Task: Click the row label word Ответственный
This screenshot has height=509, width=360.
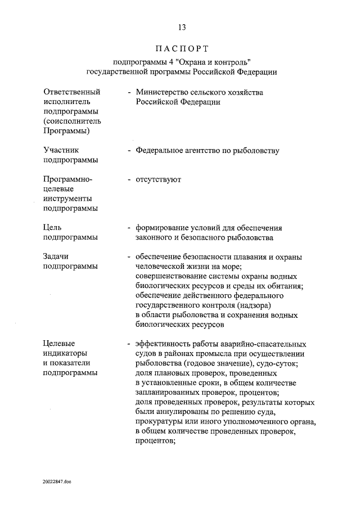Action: [x=71, y=92]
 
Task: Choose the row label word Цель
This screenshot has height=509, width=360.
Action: [x=52, y=227]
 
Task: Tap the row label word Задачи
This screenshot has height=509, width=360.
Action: [x=56, y=256]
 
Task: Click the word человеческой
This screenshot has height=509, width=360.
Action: [x=161, y=266]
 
